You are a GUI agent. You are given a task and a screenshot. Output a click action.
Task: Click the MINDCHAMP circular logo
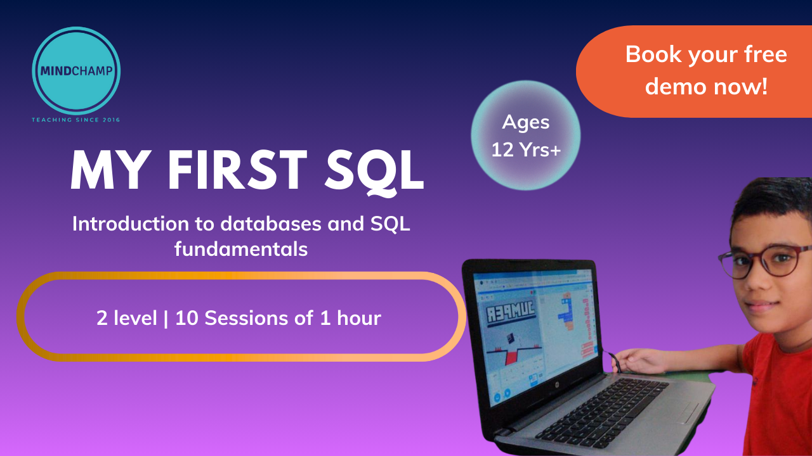(76, 70)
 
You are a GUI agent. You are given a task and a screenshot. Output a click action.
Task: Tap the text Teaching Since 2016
(75, 120)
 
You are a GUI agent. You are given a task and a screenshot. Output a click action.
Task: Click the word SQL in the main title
(374, 172)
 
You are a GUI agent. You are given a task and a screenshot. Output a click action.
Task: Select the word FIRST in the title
(237, 170)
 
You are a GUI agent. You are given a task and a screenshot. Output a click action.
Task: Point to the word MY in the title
(110, 170)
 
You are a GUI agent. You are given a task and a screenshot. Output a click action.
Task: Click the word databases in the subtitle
(271, 224)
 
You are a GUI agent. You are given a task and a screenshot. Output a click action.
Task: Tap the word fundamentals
(241, 250)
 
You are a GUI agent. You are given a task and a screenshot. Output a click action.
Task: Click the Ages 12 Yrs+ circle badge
(526, 136)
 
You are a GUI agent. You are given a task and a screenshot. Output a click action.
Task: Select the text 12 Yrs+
(526, 149)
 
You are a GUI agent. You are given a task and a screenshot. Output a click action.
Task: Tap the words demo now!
(706, 87)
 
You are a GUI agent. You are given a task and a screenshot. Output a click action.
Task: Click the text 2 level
(126, 318)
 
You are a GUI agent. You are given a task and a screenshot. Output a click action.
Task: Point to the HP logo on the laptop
(557, 384)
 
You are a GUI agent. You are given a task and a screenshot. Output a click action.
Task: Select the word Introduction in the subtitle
(131, 224)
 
